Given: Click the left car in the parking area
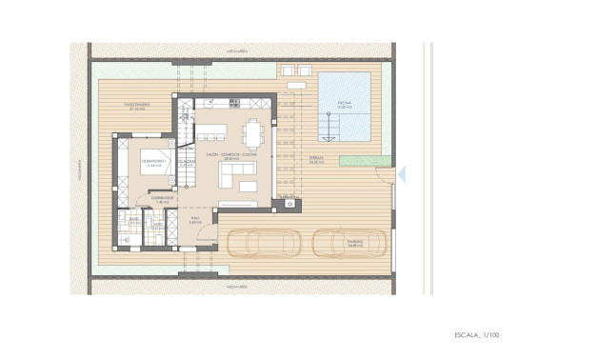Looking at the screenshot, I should point(261,243).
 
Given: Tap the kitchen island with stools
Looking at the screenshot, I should point(214,130).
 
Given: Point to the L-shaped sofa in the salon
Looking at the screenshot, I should point(237,174).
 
